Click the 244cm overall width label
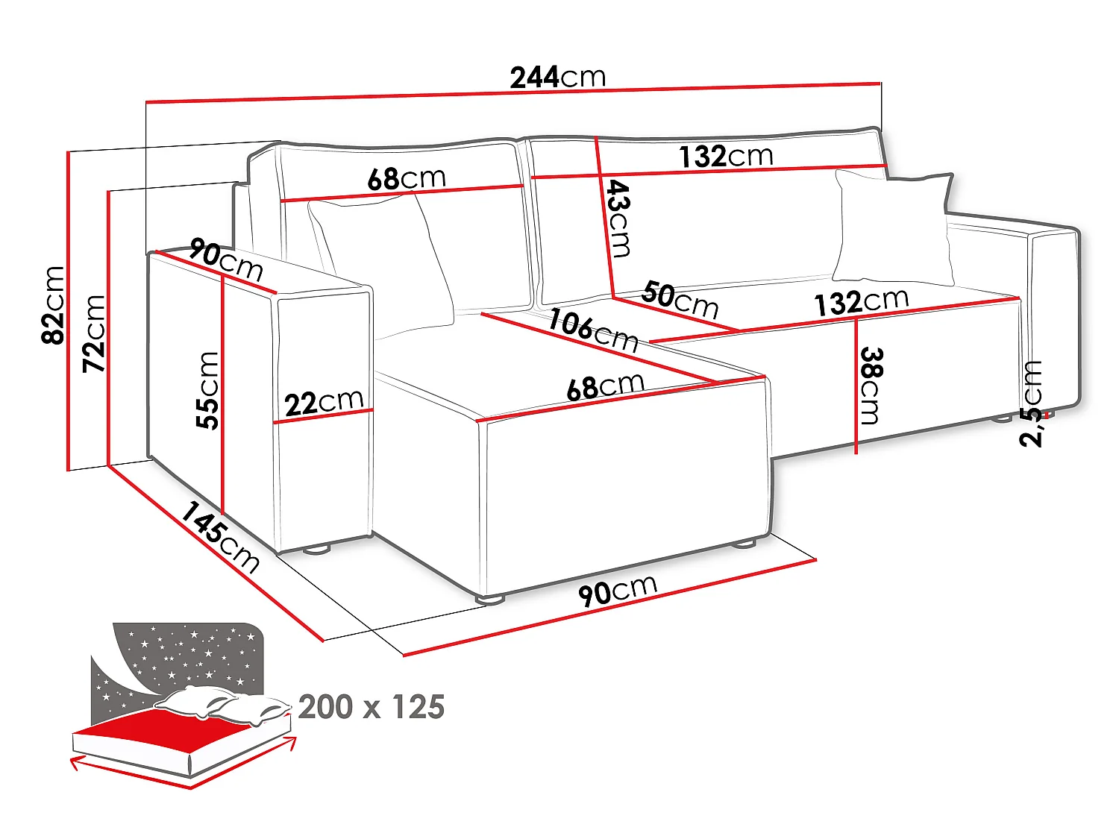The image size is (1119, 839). coord(558,78)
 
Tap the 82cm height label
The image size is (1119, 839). coord(53,304)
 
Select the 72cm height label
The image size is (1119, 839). coord(94,333)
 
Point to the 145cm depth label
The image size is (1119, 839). coord(220,538)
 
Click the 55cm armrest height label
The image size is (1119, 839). coord(207,390)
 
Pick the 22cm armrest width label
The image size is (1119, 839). coord(325,403)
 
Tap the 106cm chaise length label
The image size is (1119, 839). coord(593,330)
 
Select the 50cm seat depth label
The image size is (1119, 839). coord(680,301)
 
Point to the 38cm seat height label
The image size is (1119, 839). coord(871,386)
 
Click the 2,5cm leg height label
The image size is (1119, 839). coord(1031,403)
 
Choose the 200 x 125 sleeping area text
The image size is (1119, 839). coord(371,706)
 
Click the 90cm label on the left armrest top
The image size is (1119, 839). coord(226,260)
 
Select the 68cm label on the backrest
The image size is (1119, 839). coord(407,178)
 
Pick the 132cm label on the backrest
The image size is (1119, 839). coord(726,156)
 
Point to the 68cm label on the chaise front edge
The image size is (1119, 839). coord(605,387)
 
